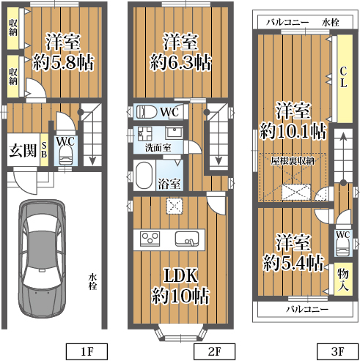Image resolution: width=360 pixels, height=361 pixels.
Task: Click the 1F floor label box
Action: click(x=87, y=351)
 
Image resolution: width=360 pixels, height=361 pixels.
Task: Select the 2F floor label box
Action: click(x=214, y=351)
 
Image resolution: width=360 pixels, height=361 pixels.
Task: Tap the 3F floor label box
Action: click(x=337, y=351)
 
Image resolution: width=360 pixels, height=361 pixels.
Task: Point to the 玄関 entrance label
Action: click(x=23, y=150)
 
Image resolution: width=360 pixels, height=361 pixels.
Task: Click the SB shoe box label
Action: click(x=44, y=150)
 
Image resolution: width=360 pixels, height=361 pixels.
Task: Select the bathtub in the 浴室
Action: click(x=144, y=175)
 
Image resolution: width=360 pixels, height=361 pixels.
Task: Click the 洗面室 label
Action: click(x=158, y=148)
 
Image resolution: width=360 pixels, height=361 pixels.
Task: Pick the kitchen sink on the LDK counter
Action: click(x=187, y=239)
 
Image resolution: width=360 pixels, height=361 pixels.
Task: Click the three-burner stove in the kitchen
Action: click(x=150, y=239)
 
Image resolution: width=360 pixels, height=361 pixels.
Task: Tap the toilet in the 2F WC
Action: click(x=147, y=112)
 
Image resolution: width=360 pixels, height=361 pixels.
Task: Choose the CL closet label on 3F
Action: click(x=343, y=78)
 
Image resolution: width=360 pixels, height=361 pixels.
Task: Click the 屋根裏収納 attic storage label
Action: click(x=293, y=161)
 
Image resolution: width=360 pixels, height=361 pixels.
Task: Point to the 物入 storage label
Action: click(x=343, y=280)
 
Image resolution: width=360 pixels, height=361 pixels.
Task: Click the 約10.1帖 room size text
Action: click(x=293, y=131)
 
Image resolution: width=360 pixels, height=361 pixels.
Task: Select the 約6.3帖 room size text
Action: click(x=180, y=62)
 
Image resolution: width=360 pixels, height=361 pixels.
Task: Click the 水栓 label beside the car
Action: click(x=92, y=282)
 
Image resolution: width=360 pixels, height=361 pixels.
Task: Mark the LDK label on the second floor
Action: click(x=180, y=276)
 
